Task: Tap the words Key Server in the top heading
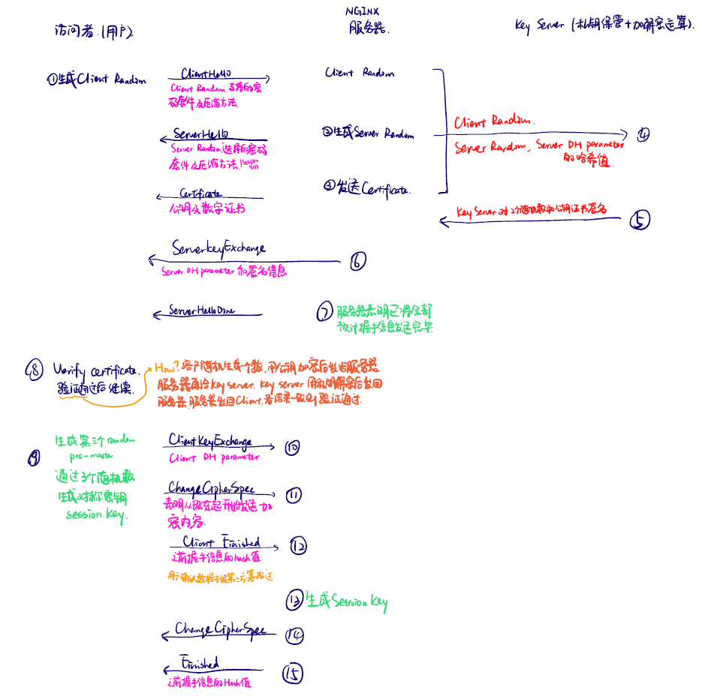(539, 25)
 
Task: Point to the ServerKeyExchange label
(218, 248)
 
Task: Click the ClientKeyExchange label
(210, 441)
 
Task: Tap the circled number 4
(643, 134)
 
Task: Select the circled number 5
(639, 220)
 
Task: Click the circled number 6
(357, 261)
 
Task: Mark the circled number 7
(324, 311)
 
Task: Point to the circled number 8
(35, 369)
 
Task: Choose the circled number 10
(292, 448)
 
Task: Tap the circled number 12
(298, 546)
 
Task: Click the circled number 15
(292, 673)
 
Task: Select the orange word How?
(166, 367)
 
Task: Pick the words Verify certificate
(95, 370)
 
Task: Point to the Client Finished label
(221, 542)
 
